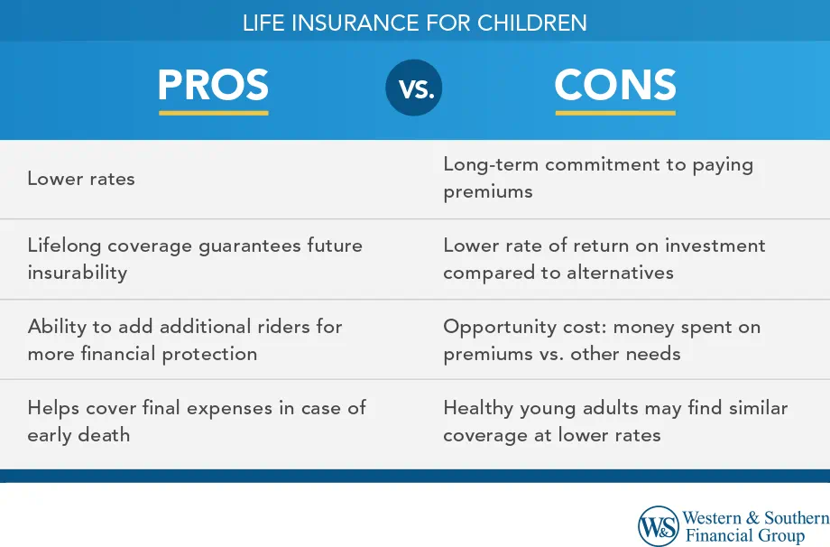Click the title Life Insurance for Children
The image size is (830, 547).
[414, 23]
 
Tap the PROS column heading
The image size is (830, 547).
[213, 85]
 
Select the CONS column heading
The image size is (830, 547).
[615, 85]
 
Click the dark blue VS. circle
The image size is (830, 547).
[414, 88]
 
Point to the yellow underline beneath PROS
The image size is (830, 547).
[214, 113]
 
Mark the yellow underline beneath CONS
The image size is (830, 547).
[615, 113]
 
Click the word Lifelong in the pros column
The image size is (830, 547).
[64, 246]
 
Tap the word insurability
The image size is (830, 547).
[78, 273]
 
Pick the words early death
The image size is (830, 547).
[78, 435]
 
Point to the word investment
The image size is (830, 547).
[715, 246]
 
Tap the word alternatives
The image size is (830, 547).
[621, 273]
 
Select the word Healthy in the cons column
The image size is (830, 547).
[478, 408]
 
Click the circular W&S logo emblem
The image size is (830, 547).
[659, 526]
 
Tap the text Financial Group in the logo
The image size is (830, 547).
[745, 536]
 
